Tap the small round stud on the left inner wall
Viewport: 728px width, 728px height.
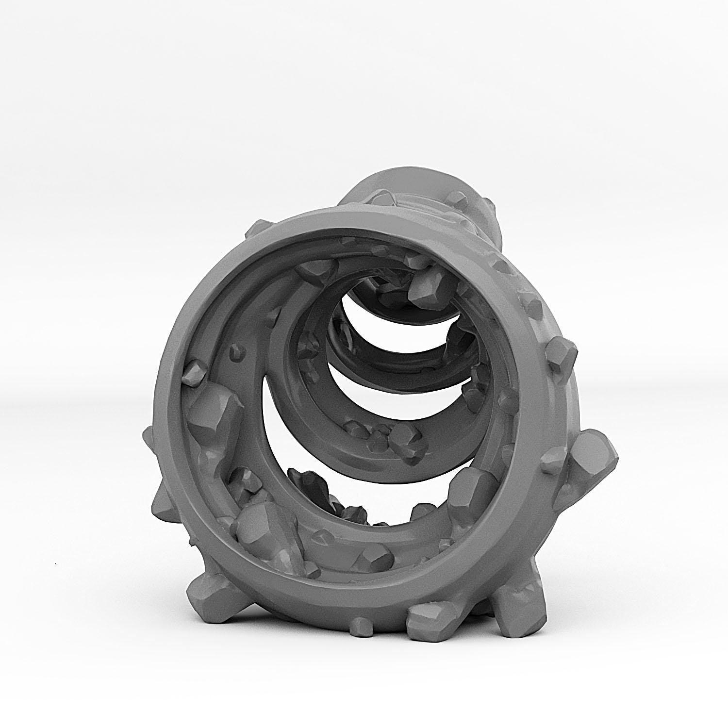point(236,351)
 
